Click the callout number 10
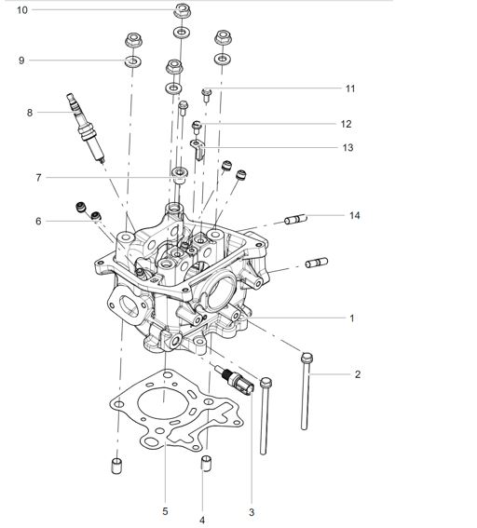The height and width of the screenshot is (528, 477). [x=22, y=10]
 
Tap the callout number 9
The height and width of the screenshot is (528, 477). [x=21, y=61]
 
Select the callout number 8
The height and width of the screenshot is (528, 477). [x=30, y=113]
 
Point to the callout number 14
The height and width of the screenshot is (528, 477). [x=355, y=215]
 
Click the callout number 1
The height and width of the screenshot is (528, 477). [x=352, y=318]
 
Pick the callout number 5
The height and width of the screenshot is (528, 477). [x=165, y=511]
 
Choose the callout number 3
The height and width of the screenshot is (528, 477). [x=252, y=512]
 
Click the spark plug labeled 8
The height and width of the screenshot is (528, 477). [x=86, y=129]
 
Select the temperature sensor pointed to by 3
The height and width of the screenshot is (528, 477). [x=235, y=380]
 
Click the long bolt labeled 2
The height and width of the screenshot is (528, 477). [x=306, y=391]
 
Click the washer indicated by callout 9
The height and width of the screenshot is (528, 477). [x=133, y=61]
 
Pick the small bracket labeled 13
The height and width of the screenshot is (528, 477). [x=198, y=148]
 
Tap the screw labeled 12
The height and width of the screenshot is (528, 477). [x=197, y=127]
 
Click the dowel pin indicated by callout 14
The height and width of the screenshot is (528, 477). [x=295, y=219]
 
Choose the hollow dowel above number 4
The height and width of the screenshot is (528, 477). [x=207, y=463]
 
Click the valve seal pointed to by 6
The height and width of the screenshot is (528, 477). [x=96, y=216]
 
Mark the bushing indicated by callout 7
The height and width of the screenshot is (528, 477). [x=179, y=175]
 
